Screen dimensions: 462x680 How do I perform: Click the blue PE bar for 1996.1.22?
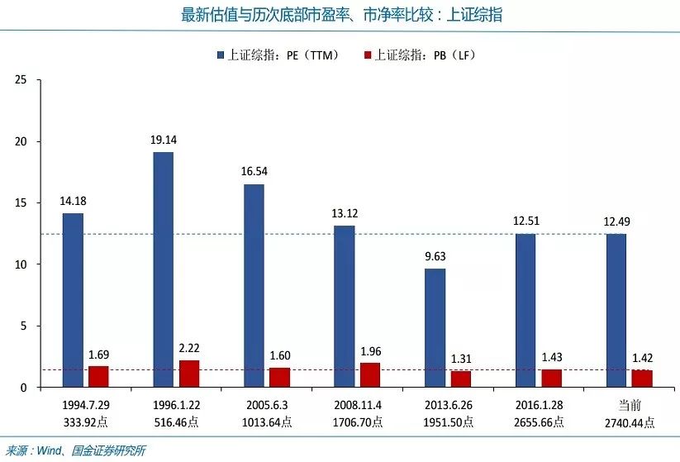point(163,269)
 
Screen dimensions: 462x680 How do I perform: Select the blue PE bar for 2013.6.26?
point(435,328)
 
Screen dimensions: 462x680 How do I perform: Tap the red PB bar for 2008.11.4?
point(370,375)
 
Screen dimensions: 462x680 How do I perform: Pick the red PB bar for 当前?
point(641,379)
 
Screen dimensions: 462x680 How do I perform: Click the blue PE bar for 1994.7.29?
point(73,300)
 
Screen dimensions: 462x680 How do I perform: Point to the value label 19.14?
point(163,140)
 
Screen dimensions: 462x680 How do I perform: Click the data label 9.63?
point(435,256)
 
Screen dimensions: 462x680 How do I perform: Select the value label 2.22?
point(189,348)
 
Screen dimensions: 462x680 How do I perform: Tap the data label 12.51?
point(525,221)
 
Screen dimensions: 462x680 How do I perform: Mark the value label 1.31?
point(461,359)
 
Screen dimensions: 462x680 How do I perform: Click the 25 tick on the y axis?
point(21,79)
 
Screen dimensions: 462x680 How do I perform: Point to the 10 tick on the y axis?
point(21,264)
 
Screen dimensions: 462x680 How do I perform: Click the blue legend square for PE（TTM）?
point(221,55)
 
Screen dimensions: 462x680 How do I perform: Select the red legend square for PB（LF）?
point(367,55)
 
